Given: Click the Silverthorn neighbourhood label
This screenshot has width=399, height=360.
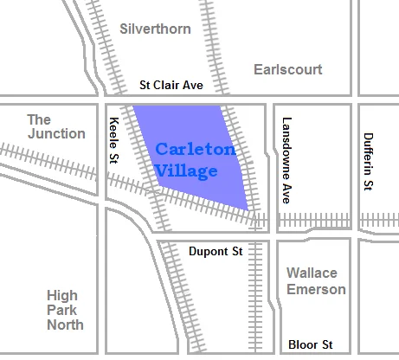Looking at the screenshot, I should coord(156,29).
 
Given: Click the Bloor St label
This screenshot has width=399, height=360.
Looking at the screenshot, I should coord(310,344).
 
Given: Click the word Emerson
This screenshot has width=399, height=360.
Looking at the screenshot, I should coord(316,289).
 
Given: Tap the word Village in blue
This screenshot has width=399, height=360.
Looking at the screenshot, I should coord(186,170).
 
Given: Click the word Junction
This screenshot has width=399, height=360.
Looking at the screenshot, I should coord(55,133).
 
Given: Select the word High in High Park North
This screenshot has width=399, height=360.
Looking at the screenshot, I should coord(64,296).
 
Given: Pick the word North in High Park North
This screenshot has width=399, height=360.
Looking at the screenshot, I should coord(66,325).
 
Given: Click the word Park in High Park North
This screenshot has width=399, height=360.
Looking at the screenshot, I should coord(66,310).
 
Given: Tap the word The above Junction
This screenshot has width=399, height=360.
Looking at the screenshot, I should coord(39,119).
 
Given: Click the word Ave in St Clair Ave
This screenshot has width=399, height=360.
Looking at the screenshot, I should coord(191,86).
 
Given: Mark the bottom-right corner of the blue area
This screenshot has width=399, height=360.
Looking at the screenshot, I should coord(248,209).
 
